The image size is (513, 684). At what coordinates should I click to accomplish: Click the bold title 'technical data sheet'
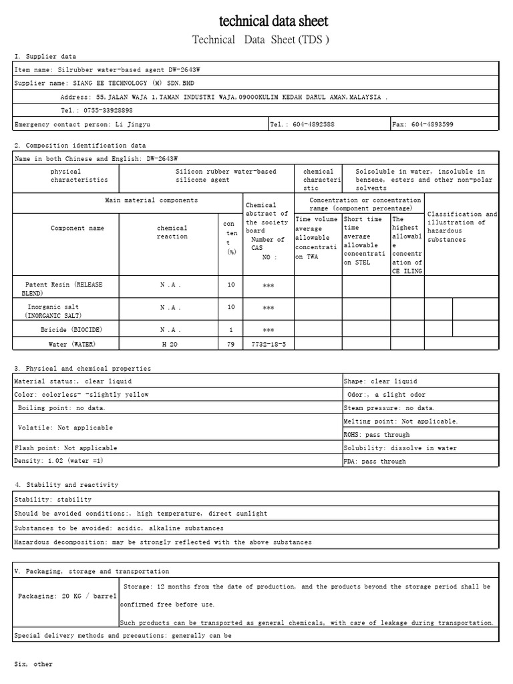[x=274, y=21]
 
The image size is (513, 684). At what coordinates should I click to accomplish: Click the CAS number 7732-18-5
[x=268, y=344]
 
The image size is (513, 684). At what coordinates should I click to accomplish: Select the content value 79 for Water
[x=231, y=344]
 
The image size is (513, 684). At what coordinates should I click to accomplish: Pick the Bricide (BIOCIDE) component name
[x=71, y=330]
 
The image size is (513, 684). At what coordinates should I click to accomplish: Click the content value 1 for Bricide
[x=231, y=330]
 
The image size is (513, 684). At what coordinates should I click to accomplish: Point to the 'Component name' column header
[x=77, y=228]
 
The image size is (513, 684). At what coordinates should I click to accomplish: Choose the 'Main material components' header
[x=152, y=200]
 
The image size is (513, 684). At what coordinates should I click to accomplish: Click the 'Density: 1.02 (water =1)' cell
[x=59, y=461]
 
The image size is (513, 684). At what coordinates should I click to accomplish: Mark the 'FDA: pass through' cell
[x=375, y=462]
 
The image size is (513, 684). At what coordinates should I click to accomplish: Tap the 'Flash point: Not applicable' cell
[x=65, y=448]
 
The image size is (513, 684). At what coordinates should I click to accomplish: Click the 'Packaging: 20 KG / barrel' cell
[x=67, y=596]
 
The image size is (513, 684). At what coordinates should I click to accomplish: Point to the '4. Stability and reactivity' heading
[x=66, y=485]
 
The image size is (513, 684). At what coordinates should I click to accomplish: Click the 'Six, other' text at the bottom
[x=33, y=665]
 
